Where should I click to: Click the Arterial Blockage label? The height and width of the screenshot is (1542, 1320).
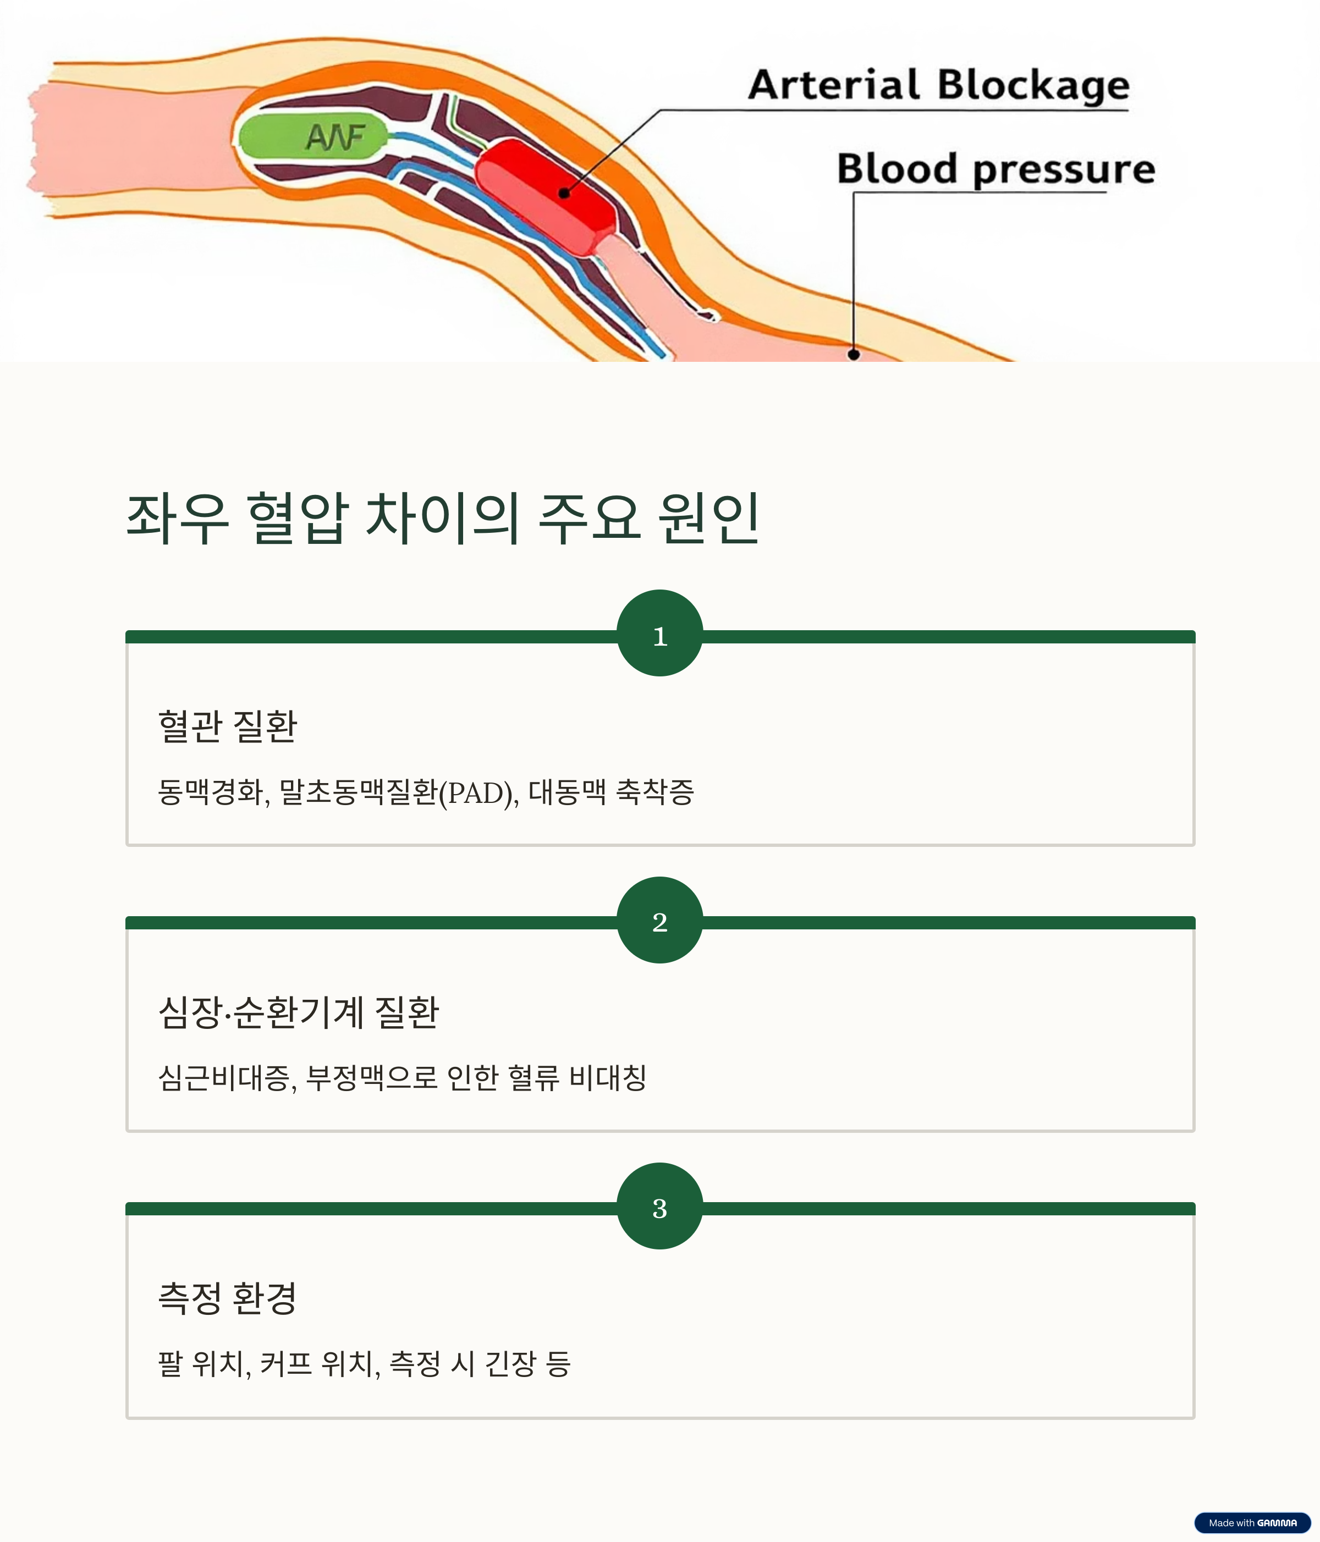click(938, 86)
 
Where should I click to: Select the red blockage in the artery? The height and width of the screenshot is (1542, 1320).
click(545, 196)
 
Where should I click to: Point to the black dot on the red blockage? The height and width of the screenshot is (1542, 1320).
click(564, 192)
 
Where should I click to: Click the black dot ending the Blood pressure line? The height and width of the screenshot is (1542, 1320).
click(854, 354)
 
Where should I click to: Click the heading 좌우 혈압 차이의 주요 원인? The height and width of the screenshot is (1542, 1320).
click(443, 518)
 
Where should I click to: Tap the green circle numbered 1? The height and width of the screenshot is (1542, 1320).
click(659, 634)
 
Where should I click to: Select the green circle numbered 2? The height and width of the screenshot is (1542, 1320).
click(659, 920)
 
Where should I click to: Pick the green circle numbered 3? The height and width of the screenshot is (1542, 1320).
click(659, 1205)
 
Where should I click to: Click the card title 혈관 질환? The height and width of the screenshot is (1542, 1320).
click(228, 725)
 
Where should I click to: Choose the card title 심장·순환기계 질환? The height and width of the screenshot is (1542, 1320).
click(299, 1012)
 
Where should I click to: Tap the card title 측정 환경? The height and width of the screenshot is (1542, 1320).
click(228, 1298)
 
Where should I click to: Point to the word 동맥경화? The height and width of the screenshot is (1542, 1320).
click(211, 792)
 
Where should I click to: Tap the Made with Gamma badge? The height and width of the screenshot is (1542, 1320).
click(1252, 1523)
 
